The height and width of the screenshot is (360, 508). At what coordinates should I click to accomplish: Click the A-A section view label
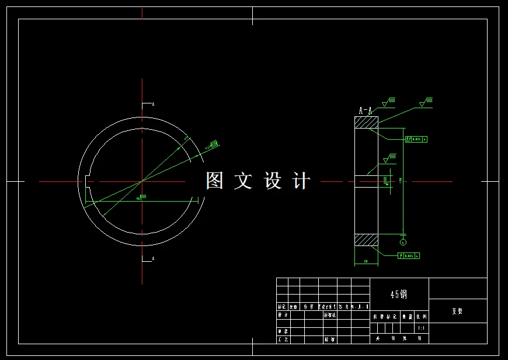[366, 110]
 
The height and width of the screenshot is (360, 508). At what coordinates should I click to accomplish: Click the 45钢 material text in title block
[399, 295]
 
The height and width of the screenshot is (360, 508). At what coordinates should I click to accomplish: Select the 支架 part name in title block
[457, 311]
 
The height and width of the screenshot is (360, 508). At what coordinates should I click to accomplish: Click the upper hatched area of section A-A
[366, 123]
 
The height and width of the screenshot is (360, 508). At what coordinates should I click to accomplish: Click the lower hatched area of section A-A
[366, 240]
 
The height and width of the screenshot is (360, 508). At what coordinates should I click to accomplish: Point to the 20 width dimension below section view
[366, 261]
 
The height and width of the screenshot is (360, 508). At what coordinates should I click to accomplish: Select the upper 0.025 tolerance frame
[416, 139]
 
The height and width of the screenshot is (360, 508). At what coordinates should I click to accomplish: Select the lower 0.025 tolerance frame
[409, 256]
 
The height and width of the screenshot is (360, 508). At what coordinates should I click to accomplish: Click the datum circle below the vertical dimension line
[403, 241]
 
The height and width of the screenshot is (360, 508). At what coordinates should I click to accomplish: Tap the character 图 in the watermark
[214, 181]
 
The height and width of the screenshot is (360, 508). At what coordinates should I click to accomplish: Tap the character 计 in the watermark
[301, 181]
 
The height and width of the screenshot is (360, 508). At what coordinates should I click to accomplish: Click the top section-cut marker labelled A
[148, 105]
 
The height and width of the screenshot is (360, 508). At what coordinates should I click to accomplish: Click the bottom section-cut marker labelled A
[148, 258]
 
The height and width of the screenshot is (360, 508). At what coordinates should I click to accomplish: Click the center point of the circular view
[142, 181]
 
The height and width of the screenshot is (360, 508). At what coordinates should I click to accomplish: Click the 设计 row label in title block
[283, 314]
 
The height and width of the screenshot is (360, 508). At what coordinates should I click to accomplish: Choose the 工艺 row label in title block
[283, 338]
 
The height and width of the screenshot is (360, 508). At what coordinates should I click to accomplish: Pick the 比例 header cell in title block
[422, 317]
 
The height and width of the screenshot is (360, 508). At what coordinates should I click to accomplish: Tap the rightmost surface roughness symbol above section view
[425, 103]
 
